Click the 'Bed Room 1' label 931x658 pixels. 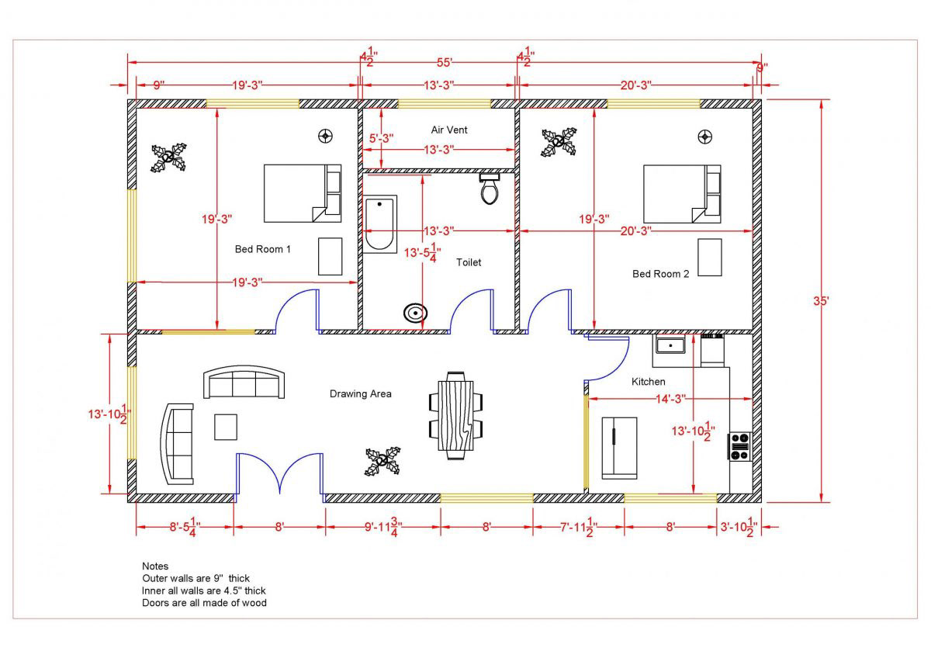pos(262,249)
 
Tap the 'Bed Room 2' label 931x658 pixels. pos(660,274)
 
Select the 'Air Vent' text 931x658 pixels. pos(449,130)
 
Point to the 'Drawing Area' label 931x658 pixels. pos(360,394)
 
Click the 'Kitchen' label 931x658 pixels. pos(648,382)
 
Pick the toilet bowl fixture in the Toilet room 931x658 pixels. pos(489,189)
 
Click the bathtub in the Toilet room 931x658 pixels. pos(380,223)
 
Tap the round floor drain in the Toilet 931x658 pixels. pos(416,313)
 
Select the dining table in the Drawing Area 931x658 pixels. pos(455,415)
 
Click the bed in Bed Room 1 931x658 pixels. pos(302,193)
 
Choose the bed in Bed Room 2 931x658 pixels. pos(682,193)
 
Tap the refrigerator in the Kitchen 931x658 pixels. pos(619,448)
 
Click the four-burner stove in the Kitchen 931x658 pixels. pos(739,446)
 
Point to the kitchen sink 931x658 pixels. pos(669,344)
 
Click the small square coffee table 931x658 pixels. pos(226,427)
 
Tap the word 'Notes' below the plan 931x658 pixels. pos(155,566)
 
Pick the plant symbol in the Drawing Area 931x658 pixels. pos(382,461)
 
